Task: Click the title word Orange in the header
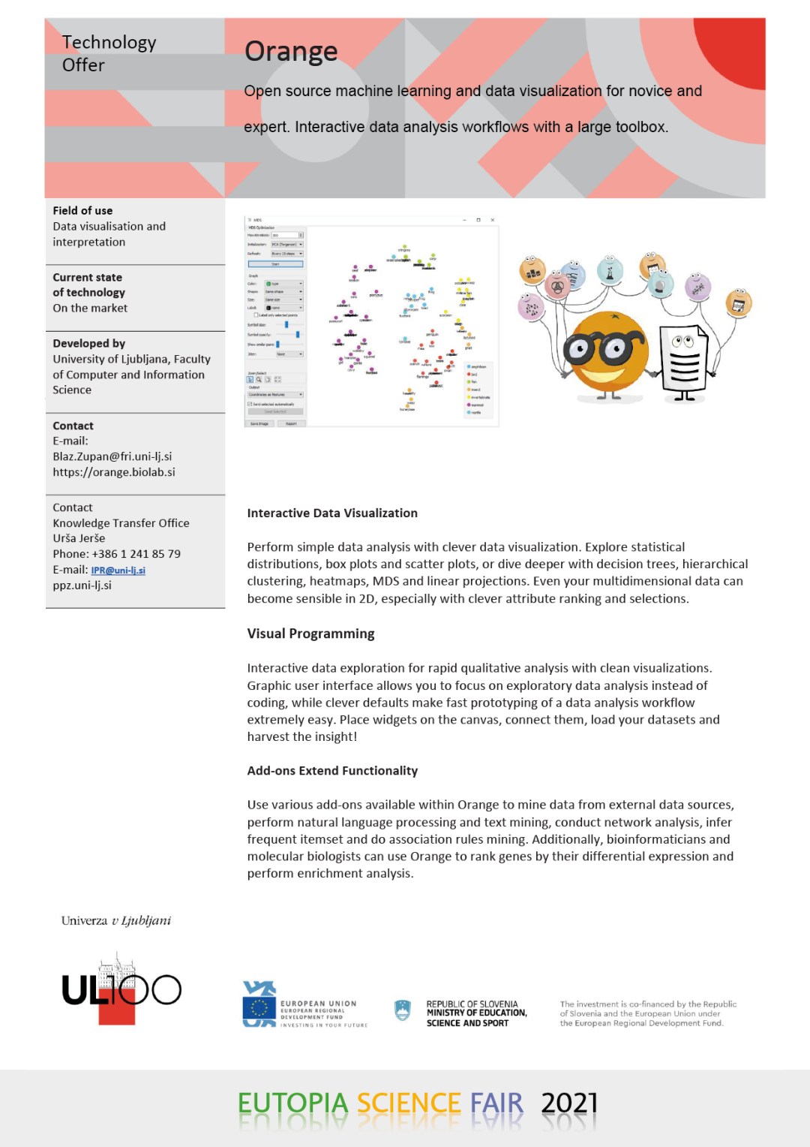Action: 291,51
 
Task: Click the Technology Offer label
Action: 108,53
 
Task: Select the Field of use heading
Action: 82,211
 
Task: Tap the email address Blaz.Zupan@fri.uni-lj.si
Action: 112,456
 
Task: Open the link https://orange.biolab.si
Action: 113,472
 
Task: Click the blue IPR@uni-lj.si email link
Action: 118,570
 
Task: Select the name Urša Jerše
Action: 79,538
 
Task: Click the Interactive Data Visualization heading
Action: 331,513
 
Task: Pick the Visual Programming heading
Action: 310,634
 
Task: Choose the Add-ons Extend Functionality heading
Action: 331,771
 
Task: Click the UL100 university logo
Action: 121,990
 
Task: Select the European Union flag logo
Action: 259,1004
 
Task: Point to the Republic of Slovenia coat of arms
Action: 403,1010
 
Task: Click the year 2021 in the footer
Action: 569,1103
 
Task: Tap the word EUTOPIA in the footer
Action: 292,1103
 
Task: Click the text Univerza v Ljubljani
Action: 116,921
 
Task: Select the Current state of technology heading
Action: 88,285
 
